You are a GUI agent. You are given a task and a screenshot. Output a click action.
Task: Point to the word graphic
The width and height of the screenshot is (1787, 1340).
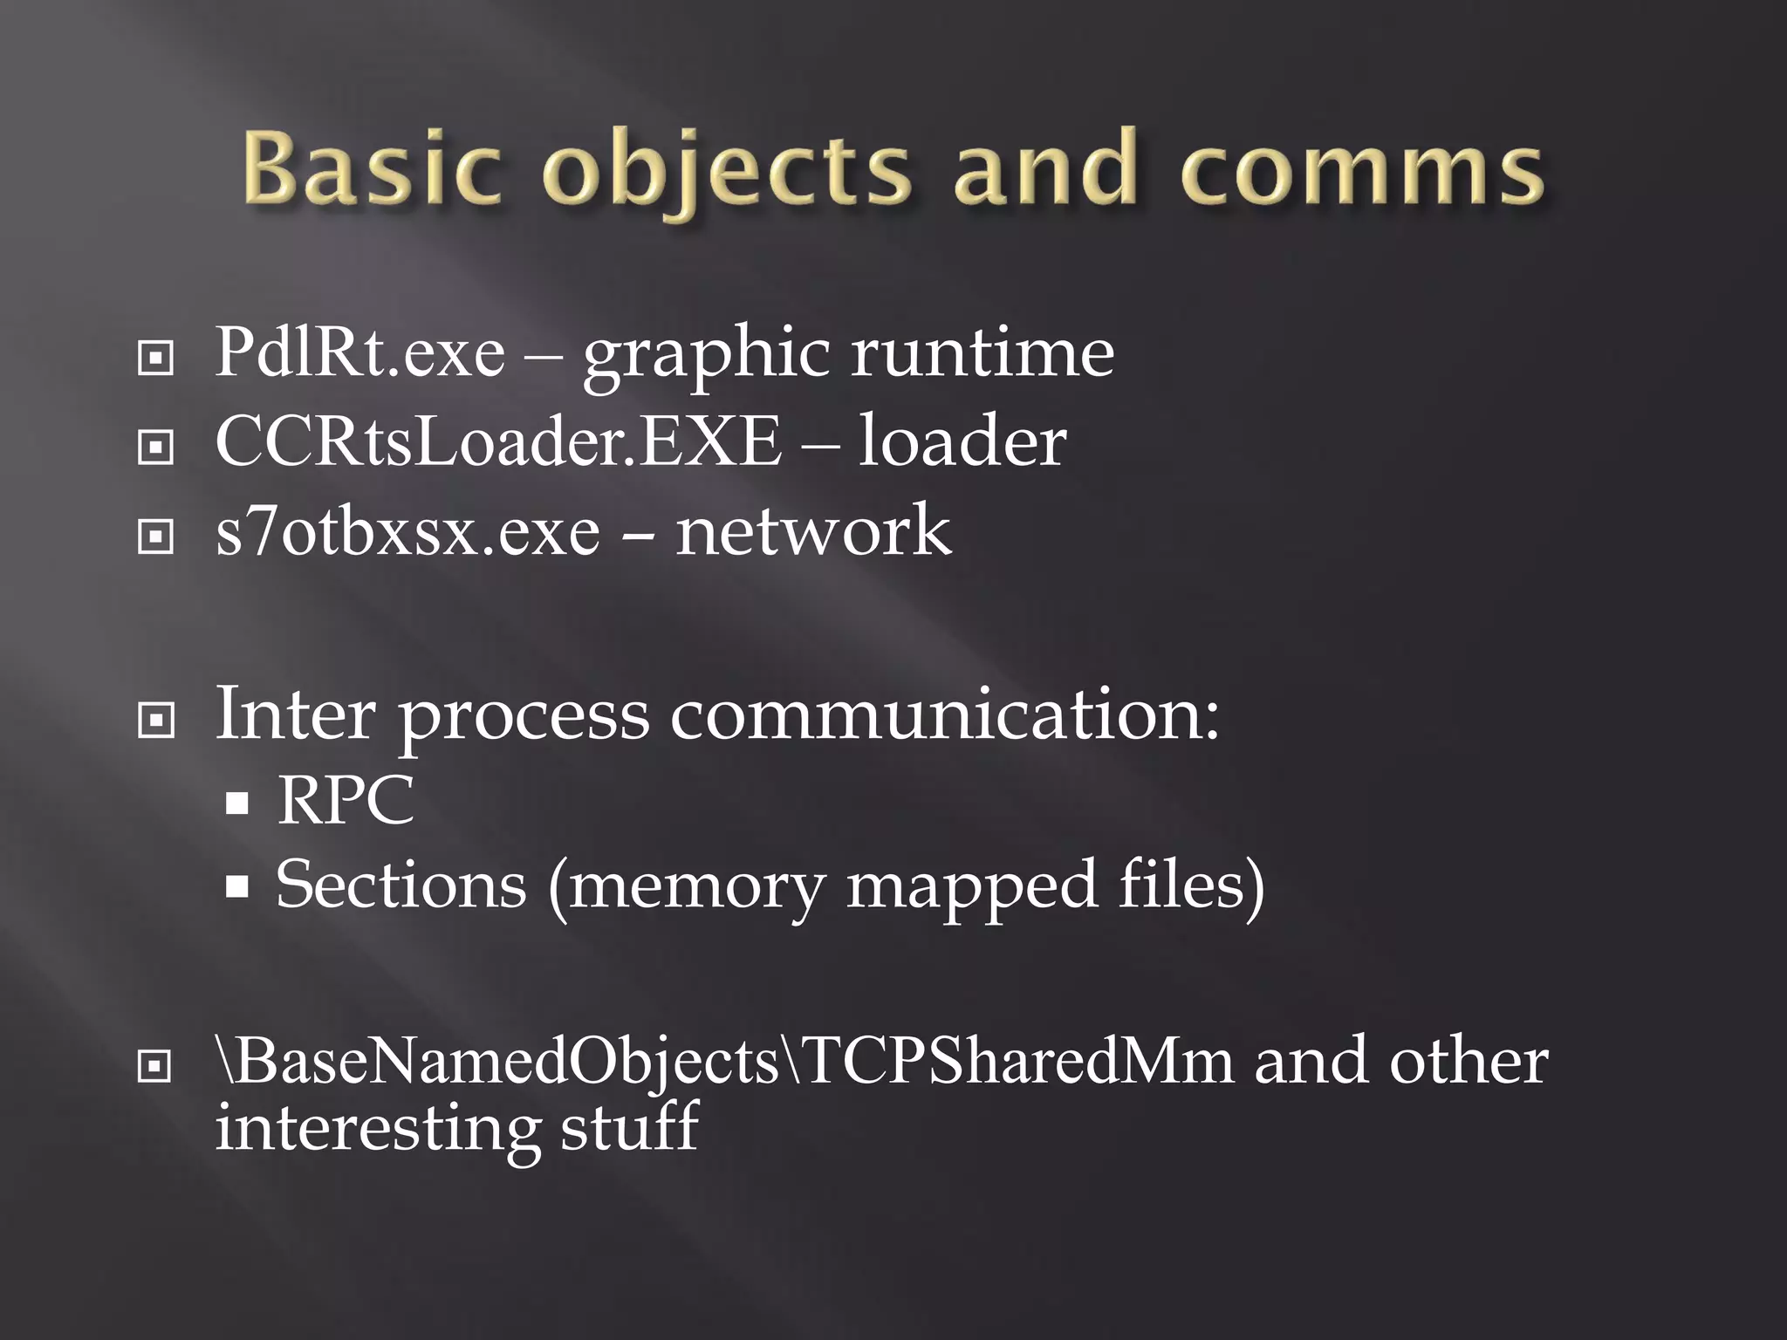pos(706,356)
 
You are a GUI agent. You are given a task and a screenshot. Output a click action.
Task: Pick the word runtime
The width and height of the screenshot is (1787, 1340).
pos(983,352)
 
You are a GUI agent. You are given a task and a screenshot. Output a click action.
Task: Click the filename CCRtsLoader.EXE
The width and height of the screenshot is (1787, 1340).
pos(498,441)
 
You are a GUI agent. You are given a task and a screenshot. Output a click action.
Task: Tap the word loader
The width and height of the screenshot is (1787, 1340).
pos(962,441)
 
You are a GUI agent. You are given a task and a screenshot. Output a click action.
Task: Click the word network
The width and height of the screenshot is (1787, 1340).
pos(813,531)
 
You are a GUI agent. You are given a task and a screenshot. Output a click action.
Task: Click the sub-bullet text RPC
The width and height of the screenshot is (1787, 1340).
pos(346,800)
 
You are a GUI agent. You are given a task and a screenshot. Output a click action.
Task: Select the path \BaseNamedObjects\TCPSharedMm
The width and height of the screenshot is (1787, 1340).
pos(724,1063)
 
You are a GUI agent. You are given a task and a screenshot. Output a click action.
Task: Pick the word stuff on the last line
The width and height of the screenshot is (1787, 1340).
pos(629,1127)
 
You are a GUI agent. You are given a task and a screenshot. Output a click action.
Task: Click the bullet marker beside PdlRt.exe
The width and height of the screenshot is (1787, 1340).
pos(155,358)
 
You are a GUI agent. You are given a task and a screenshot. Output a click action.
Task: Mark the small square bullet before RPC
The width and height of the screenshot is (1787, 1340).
pos(236,803)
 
